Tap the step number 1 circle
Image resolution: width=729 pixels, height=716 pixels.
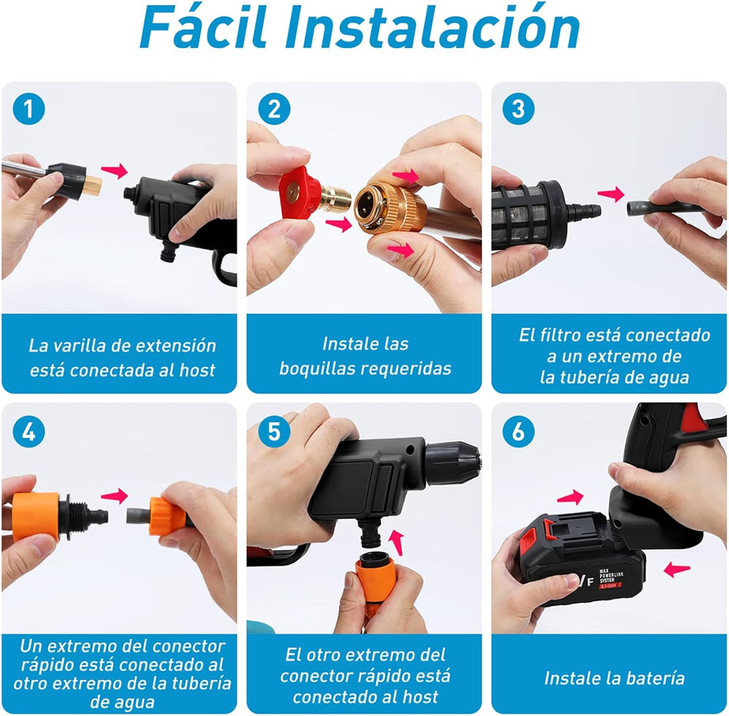click(29, 109)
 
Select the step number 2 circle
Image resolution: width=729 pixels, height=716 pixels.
click(274, 109)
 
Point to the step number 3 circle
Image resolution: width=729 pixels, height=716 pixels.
click(518, 109)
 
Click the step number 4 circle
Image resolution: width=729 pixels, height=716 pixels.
click(29, 432)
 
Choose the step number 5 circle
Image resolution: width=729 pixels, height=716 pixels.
click(274, 432)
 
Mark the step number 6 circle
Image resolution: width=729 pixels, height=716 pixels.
click(518, 432)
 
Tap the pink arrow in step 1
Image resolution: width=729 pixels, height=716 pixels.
click(114, 171)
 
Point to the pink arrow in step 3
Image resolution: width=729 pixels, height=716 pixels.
click(611, 193)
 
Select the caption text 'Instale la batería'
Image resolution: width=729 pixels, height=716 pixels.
click(614, 677)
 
